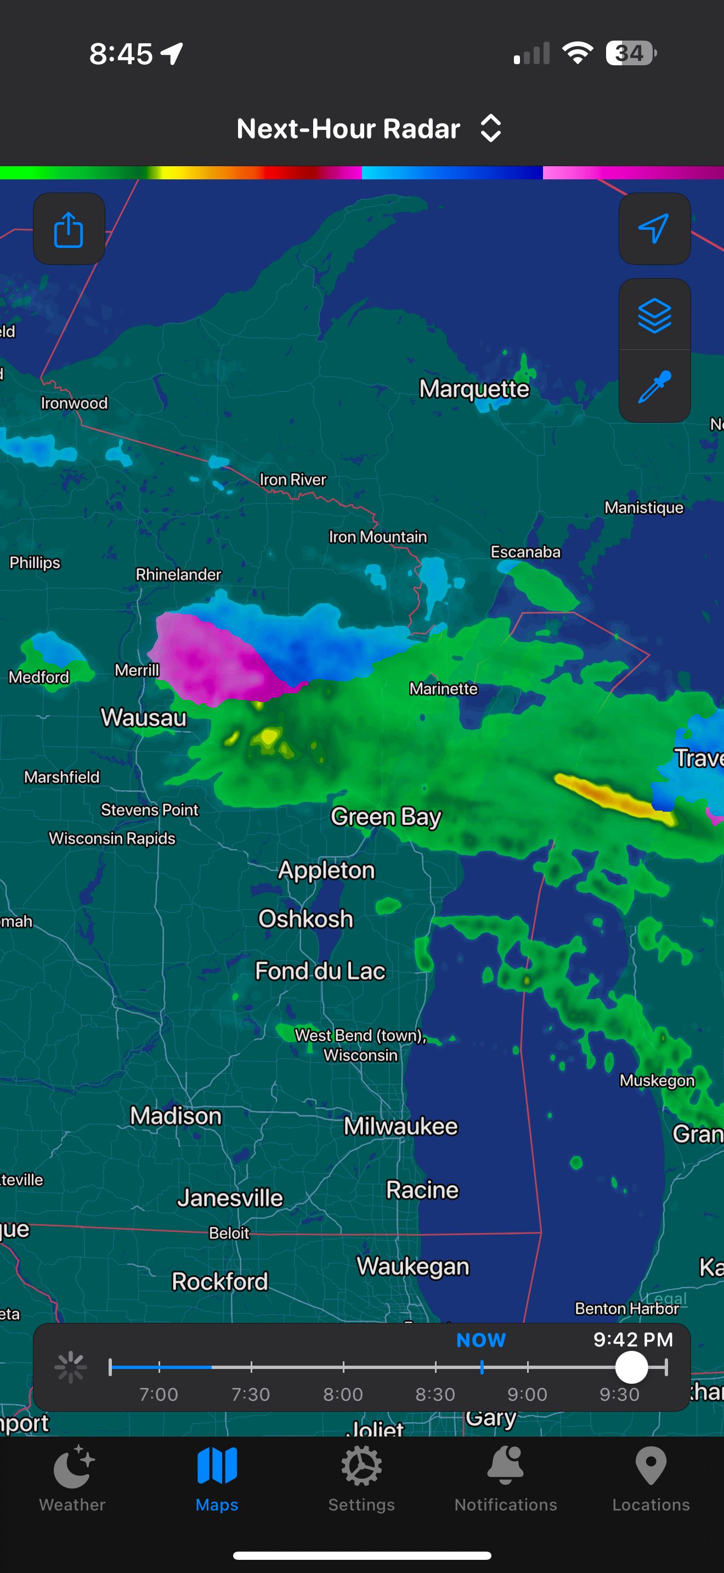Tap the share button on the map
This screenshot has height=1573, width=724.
[x=69, y=229]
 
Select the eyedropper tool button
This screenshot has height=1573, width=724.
[x=654, y=387]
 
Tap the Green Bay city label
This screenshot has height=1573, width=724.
[x=385, y=817]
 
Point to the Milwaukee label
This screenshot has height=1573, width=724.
[x=400, y=1126]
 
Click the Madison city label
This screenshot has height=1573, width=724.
[x=176, y=1116]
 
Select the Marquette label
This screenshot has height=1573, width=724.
[x=474, y=388]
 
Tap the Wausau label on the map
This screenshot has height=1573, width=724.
[x=144, y=717]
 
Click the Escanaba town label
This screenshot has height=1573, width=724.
[x=525, y=552]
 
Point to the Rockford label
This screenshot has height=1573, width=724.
[x=220, y=1281]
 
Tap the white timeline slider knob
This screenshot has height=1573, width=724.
[x=631, y=1367]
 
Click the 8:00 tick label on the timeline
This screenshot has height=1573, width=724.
[x=343, y=1394]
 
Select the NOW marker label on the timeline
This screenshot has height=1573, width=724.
[x=481, y=1340]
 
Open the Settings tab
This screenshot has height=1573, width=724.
[x=361, y=1478]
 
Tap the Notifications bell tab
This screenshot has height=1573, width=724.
[x=506, y=1478]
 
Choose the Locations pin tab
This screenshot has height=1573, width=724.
[x=651, y=1478]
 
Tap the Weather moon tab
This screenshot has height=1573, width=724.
[x=72, y=1478]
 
